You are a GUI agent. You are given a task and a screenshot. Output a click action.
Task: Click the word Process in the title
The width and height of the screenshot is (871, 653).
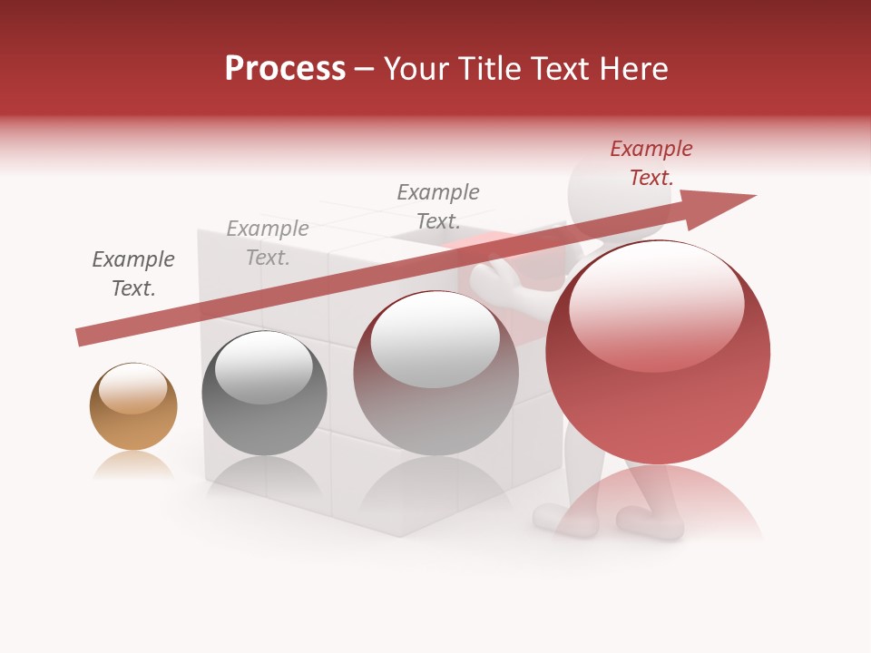285,69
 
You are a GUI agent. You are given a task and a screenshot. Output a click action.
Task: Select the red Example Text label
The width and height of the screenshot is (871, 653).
651,163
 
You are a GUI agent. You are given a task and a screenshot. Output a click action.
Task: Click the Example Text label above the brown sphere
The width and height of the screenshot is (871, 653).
133,274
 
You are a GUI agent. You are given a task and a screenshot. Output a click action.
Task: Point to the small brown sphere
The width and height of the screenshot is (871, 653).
133,406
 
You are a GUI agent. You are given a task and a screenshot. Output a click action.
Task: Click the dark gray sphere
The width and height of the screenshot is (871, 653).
264,393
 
